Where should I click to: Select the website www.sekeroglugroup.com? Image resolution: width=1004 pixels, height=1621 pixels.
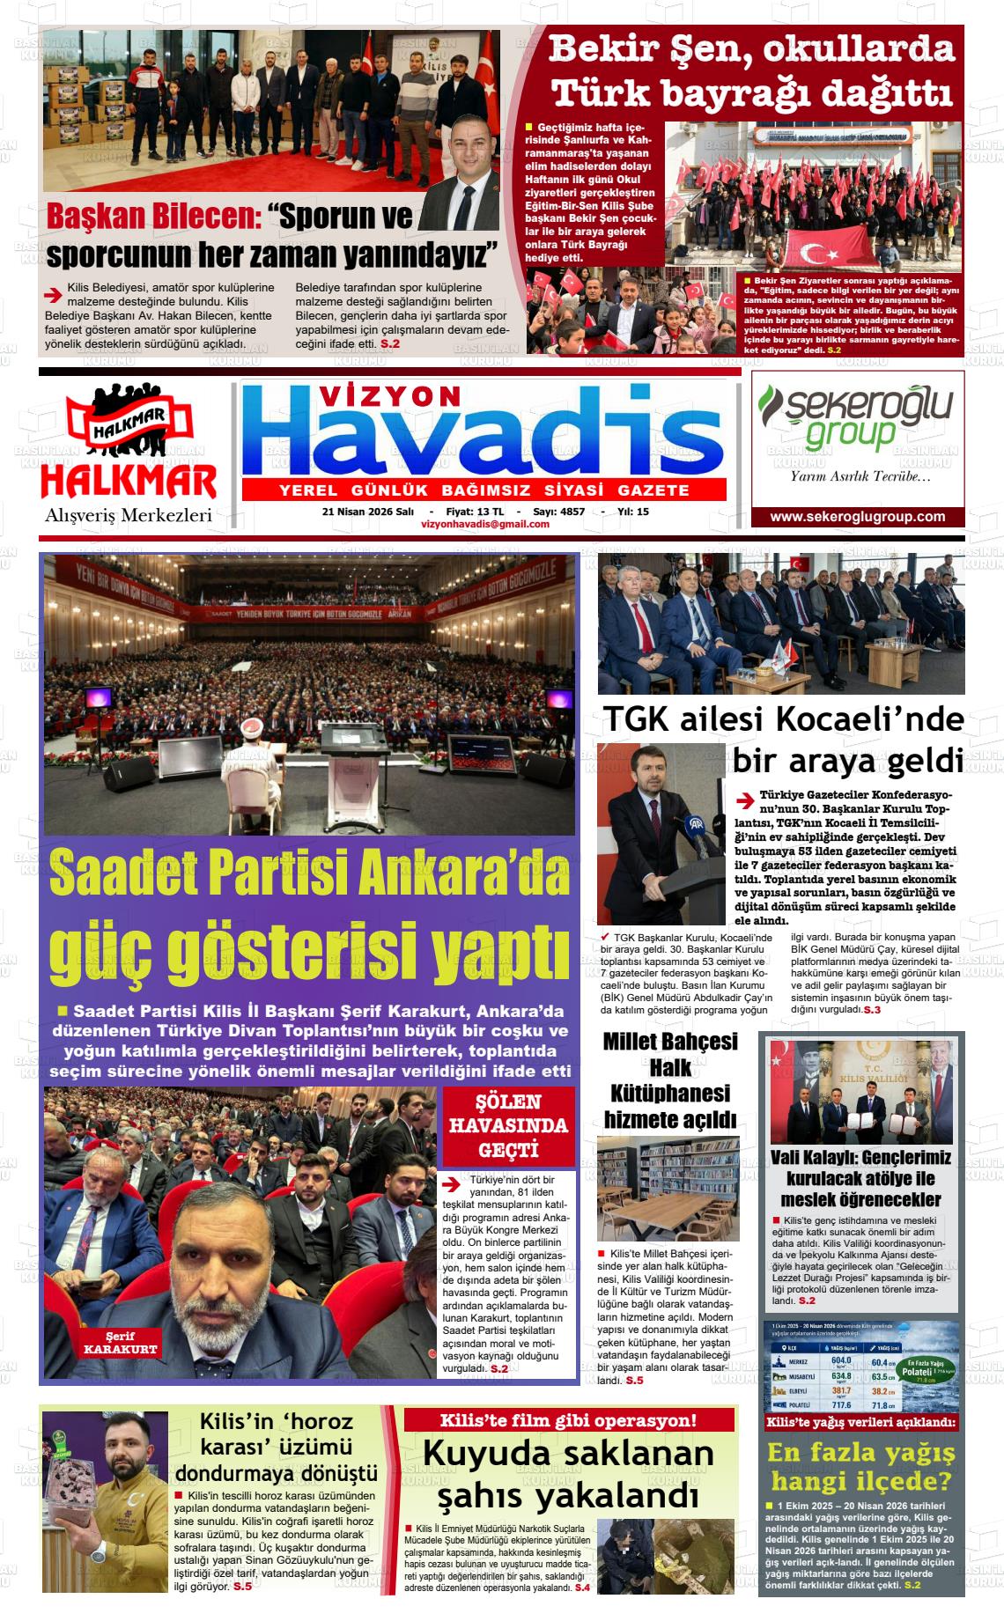click(857, 517)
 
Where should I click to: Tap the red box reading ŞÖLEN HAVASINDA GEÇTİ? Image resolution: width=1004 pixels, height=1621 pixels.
click(509, 1125)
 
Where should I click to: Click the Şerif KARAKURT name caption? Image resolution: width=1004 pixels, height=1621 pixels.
click(120, 1343)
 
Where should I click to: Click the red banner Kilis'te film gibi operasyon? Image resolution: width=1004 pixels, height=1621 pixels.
click(568, 1419)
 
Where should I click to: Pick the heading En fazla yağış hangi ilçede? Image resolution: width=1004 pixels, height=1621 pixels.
click(860, 1465)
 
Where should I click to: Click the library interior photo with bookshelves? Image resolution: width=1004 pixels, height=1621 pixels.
click(668, 1188)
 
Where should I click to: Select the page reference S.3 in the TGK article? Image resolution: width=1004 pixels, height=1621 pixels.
click(871, 1010)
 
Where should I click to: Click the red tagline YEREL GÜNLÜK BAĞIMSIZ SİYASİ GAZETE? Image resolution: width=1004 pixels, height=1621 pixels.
click(484, 490)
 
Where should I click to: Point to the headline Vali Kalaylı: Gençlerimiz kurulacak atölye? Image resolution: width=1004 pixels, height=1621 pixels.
click(860, 1178)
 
